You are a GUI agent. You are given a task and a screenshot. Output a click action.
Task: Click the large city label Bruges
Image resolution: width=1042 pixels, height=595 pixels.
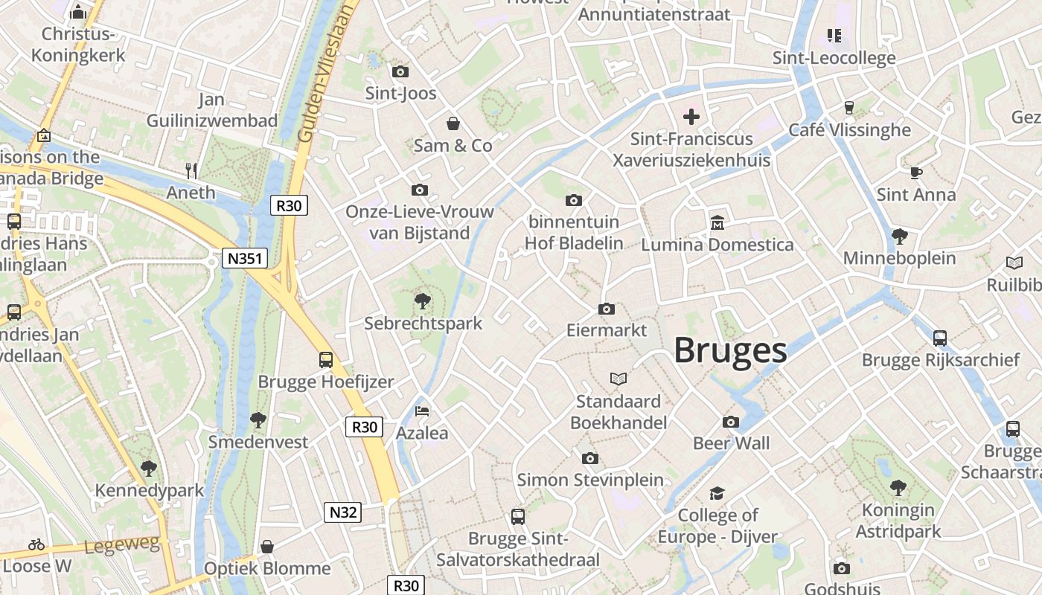pos(730,351)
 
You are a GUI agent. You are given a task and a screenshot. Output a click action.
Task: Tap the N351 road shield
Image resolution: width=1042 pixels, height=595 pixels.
pos(244,258)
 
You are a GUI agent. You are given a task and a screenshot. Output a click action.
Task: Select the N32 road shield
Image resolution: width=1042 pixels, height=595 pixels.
pos(343,512)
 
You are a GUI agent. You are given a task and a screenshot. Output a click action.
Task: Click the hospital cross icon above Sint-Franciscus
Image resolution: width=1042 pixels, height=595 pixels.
pos(691,116)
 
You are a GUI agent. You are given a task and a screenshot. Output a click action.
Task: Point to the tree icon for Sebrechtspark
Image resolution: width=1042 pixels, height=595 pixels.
pos(423,301)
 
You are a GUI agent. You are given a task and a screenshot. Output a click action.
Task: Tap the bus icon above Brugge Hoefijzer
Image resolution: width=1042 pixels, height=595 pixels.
pos(325,360)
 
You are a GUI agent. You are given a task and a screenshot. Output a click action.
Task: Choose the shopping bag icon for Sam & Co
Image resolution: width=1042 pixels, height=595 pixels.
pos(453,123)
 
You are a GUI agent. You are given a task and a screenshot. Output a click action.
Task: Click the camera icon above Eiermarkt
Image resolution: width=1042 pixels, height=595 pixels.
pos(607,309)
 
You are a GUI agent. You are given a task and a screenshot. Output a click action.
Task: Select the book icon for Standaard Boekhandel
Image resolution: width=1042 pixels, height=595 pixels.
pos(618,379)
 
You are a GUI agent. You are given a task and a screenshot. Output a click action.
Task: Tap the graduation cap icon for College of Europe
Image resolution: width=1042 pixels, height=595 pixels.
pos(717,493)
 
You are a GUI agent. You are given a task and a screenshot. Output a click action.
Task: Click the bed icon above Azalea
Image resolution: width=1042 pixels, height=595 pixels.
pos(422,411)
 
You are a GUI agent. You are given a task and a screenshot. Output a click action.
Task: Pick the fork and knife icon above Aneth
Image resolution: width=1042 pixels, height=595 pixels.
pos(191,171)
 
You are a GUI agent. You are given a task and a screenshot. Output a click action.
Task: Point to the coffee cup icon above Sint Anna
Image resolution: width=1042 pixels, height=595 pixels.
pos(915,173)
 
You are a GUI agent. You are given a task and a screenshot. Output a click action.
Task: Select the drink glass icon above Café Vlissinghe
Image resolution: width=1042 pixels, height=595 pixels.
pos(848,108)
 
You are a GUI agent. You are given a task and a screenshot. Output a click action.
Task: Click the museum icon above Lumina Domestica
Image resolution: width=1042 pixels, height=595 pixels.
pos(717,222)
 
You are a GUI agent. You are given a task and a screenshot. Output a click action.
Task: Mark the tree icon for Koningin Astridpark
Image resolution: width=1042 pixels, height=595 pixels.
pos(898,488)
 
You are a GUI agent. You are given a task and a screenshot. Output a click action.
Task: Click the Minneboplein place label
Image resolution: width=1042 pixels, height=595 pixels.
pos(899,258)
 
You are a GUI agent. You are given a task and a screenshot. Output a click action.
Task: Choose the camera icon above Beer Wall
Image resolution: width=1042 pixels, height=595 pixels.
pos(731,422)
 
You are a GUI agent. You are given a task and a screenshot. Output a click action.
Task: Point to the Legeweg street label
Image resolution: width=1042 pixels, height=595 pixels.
pos(122,546)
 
